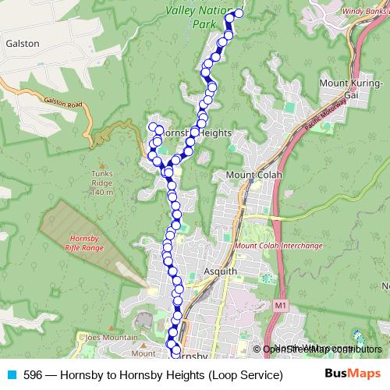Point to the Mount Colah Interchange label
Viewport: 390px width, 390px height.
[x=278, y=246]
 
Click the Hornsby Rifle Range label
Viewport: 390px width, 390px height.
[x=85, y=243]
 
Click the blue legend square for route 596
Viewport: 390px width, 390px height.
[x=10, y=375]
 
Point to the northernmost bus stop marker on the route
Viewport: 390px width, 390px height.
[x=238, y=12]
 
